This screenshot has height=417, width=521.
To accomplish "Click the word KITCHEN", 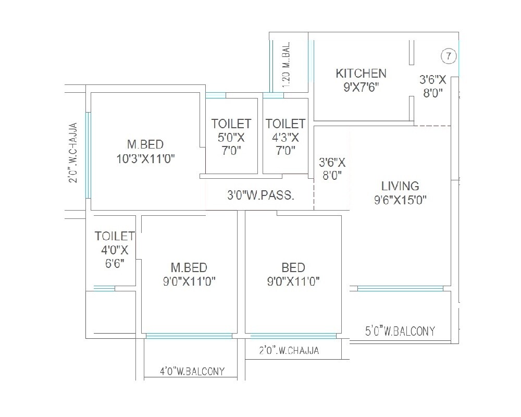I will [361, 73].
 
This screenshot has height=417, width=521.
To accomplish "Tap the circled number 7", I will [448, 55].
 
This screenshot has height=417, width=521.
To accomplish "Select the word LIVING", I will [400, 186].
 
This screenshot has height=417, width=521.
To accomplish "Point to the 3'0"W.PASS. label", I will [260, 196].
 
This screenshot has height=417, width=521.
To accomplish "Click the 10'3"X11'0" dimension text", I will [145, 159].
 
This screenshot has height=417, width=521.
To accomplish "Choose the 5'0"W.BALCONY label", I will [400, 331].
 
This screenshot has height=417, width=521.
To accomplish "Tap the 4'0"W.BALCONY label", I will [192, 371].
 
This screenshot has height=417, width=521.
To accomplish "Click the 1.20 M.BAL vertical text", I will [286, 64].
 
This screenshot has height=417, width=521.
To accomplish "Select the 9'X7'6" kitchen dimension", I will [361, 87].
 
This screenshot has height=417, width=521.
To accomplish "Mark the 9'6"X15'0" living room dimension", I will [400, 200].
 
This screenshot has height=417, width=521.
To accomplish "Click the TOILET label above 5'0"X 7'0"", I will [231, 124].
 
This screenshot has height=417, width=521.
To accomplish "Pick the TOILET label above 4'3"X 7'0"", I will [286, 124].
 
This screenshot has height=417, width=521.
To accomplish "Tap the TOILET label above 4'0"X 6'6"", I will [115, 236].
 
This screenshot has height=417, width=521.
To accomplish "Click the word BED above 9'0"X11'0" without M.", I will [293, 268].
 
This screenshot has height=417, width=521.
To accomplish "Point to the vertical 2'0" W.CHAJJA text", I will [73, 153].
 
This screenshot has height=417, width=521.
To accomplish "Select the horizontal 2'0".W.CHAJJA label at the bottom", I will [289, 351].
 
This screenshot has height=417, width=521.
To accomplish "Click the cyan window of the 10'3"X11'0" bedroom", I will [88, 155].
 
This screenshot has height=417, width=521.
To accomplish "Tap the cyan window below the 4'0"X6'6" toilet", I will [104, 288].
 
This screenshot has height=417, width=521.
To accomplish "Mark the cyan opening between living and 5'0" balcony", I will [400, 288].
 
